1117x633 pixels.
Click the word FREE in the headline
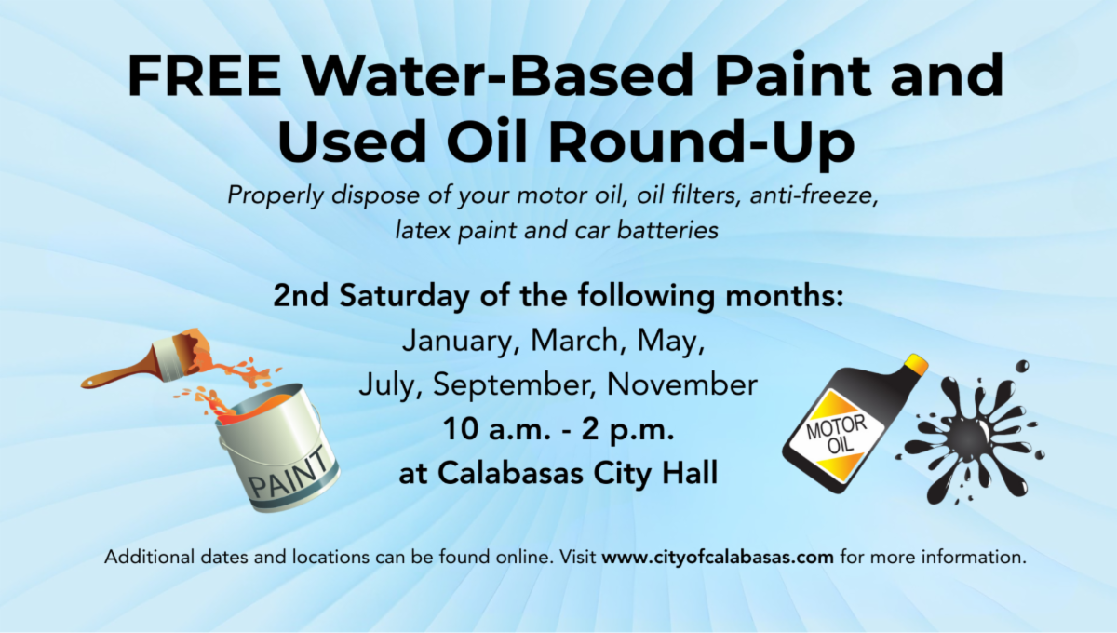205,76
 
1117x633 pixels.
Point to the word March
572,341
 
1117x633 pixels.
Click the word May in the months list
667,342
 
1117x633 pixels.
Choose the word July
387,385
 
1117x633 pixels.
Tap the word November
682,384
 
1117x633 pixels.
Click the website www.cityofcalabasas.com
718,557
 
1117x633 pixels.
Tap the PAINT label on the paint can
289,475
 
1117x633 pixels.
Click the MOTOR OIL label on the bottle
837,434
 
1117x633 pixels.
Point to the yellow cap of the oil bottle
916,365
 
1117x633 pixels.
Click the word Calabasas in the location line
510,472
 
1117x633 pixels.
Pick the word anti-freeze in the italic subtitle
813,195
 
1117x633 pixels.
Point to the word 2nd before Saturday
301,296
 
